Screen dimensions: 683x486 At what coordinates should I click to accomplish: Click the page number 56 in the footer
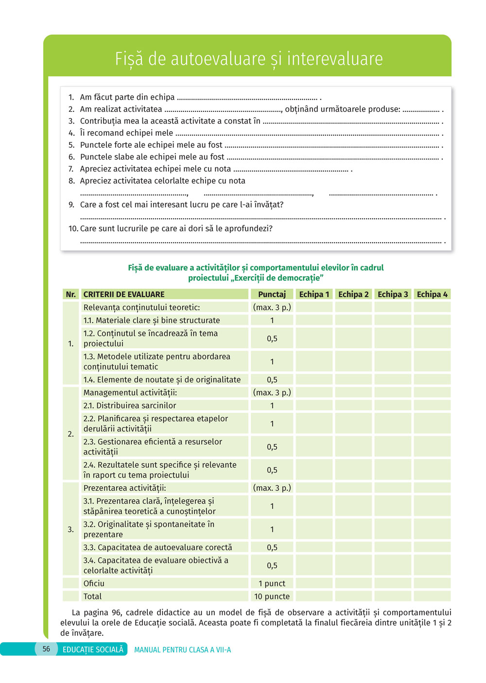(x=46, y=649)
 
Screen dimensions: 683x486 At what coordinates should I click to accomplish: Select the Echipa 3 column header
(x=393, y=294)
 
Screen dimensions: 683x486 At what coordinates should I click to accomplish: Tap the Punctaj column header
(x=272, y=294)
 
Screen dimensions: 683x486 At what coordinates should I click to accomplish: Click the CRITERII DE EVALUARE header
(x=124, y=294)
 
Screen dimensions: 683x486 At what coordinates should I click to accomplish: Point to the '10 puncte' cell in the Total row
(x=272, y=596)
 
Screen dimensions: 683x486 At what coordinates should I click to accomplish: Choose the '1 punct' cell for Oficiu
(x=272, y=583)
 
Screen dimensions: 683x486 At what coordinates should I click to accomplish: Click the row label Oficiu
(x=94, y=583)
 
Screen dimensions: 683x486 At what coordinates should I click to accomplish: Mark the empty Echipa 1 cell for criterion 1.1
(x=314, y=320)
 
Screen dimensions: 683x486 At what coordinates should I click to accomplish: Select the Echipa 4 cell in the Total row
(x=432, y=596)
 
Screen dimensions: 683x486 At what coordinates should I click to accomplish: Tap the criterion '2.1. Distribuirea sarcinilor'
(x=130, y=405)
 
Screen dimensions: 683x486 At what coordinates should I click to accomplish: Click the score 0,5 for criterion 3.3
(x=272, y=547)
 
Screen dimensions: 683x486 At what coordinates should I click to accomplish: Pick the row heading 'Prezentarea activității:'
(x=124, y=488)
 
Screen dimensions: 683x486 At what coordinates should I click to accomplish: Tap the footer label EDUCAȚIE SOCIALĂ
(x=93, y=649)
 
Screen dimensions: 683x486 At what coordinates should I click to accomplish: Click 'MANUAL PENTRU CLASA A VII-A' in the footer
(x=182, y=650)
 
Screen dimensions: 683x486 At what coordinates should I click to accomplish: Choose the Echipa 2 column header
(x=353, y=294)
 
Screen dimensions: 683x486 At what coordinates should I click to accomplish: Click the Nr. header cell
(x=71, y=294)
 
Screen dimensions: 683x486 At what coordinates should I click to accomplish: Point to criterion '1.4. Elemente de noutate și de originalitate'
(x=162, y=380)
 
